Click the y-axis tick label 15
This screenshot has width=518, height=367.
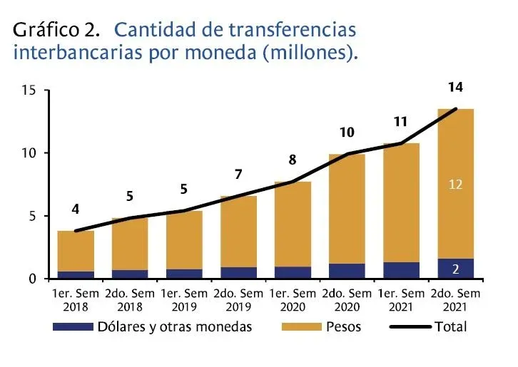point(28,91)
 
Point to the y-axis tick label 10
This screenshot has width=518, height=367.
point(28,153)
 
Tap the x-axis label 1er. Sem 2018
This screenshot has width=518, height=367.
point(76,299)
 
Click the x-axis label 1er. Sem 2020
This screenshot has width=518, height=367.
point(292,299)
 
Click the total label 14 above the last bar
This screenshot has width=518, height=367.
point(455,88)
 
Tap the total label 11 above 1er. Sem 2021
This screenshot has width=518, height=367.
point(400,122)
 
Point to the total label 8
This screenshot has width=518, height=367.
point(293,160)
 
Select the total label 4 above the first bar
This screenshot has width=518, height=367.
point(76,210)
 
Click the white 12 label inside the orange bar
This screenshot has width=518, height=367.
point(456,185)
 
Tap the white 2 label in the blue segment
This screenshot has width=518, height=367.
point(456,269)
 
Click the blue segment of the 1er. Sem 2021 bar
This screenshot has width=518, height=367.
point(401,270)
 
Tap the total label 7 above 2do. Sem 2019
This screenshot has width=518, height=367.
point(238,175)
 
